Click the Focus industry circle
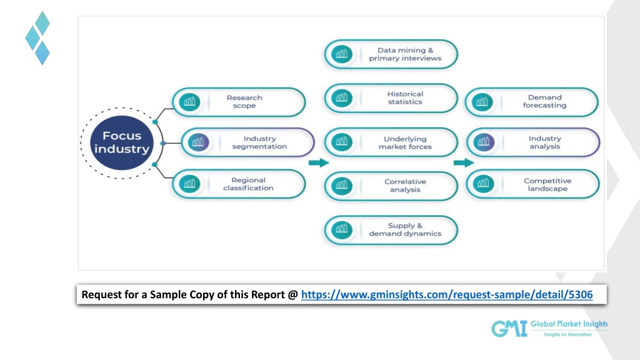[122, 142]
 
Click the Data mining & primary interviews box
[391, 54]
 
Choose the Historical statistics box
[391, 98]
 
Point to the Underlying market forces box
[391, 142]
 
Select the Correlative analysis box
[391, 186]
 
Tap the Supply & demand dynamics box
[391, 230]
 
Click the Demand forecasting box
[532, 102]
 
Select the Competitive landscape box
[533, 184]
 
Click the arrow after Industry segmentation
[319, 162]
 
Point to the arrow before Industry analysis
[463, 162]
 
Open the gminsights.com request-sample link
[446, 295]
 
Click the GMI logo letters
[507, 329]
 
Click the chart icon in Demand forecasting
[482, 102]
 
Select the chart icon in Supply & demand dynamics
[341, 230]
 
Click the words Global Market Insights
[569, 324]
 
